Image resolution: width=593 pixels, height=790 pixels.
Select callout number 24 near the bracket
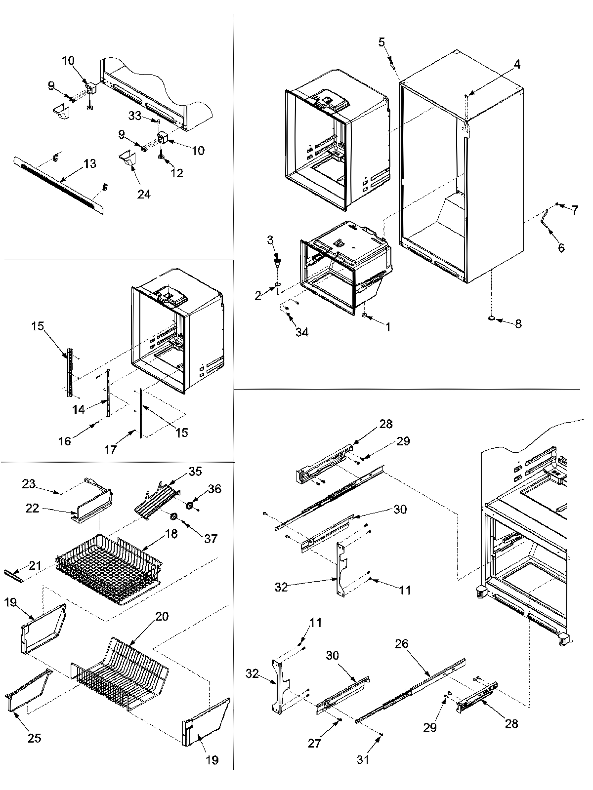click(144, 194)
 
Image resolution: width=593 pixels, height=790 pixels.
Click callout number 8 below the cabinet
click(518, 324)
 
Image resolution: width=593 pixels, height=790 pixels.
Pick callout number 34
click(302, 332)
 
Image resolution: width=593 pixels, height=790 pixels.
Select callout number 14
click(77, 409)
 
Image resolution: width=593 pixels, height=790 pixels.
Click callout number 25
click(34, 738)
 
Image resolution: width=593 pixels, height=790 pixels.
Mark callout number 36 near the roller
click(214, 489)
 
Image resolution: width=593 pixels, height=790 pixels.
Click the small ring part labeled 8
click(493, 319)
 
